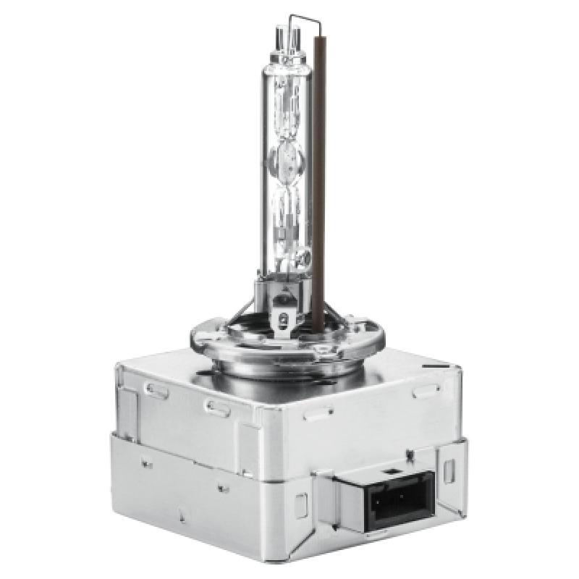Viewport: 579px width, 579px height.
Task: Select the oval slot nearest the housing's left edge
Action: tap(156, 389)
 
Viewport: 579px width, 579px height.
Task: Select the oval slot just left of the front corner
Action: tap(217, 407)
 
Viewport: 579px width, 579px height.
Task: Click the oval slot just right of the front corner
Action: tap(315, 415)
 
